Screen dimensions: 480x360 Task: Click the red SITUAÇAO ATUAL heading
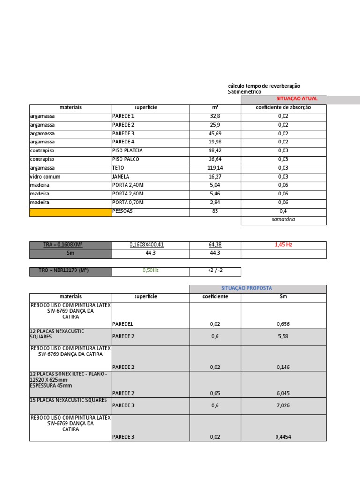coord(297,99)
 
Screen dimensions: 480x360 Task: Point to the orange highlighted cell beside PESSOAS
coord(70,212)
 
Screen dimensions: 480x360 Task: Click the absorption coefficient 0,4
coord(283,211)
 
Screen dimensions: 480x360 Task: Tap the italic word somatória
coord(283,219)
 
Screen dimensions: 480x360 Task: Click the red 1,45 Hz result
coord(283,245)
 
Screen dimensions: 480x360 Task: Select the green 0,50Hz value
coord(150,271)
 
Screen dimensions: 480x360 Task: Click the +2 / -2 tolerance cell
coord(215,271)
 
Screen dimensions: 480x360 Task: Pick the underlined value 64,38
coord(215,245)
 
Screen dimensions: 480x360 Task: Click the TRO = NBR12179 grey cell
coord(70,271)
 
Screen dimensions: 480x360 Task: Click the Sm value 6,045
coord(283,393)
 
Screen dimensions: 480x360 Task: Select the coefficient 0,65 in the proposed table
coord(215,393)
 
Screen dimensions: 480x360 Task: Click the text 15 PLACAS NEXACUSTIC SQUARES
coord(68,400)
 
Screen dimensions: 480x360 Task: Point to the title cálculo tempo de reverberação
coord(264,86)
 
